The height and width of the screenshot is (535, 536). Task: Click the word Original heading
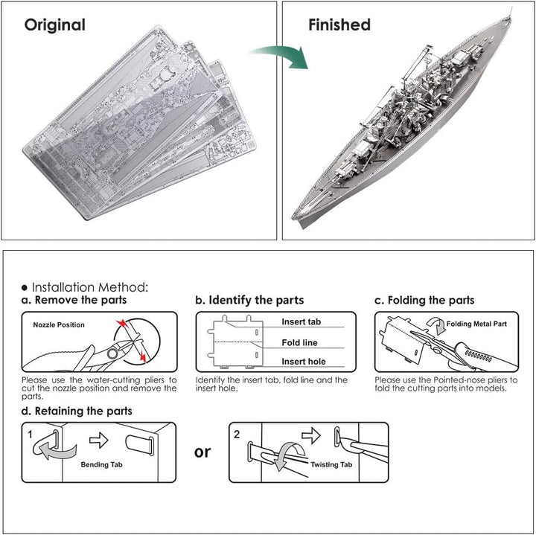coord(55,25)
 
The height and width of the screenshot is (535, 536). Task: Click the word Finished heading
coord(339,25)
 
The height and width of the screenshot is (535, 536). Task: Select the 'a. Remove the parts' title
coord(74,301)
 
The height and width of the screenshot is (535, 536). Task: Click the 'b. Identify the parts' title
coord(249,301)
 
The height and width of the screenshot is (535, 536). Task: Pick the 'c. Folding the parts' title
coord(424,301)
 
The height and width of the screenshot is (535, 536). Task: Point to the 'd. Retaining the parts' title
coord(77,411)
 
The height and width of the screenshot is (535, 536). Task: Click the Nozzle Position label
coord(59,325)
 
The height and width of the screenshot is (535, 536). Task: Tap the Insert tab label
coord(301,322)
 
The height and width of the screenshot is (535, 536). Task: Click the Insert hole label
coord(303,362)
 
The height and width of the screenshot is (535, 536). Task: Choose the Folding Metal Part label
coord(477,324)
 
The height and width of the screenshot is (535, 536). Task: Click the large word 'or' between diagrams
coord(202,451)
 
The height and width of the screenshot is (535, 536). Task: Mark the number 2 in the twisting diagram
coord(237,432)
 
